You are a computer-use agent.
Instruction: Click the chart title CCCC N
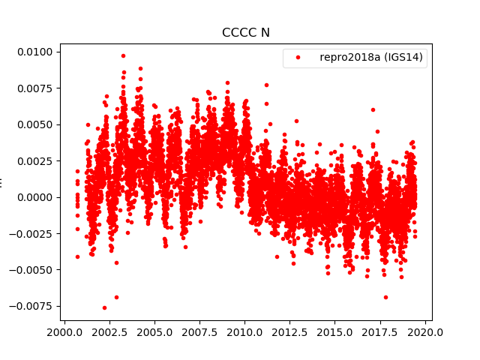[245, 32]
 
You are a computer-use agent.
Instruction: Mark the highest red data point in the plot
[123, 55]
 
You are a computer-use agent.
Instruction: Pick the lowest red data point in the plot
[104, 307]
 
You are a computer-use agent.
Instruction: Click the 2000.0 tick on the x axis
[64, 331]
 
